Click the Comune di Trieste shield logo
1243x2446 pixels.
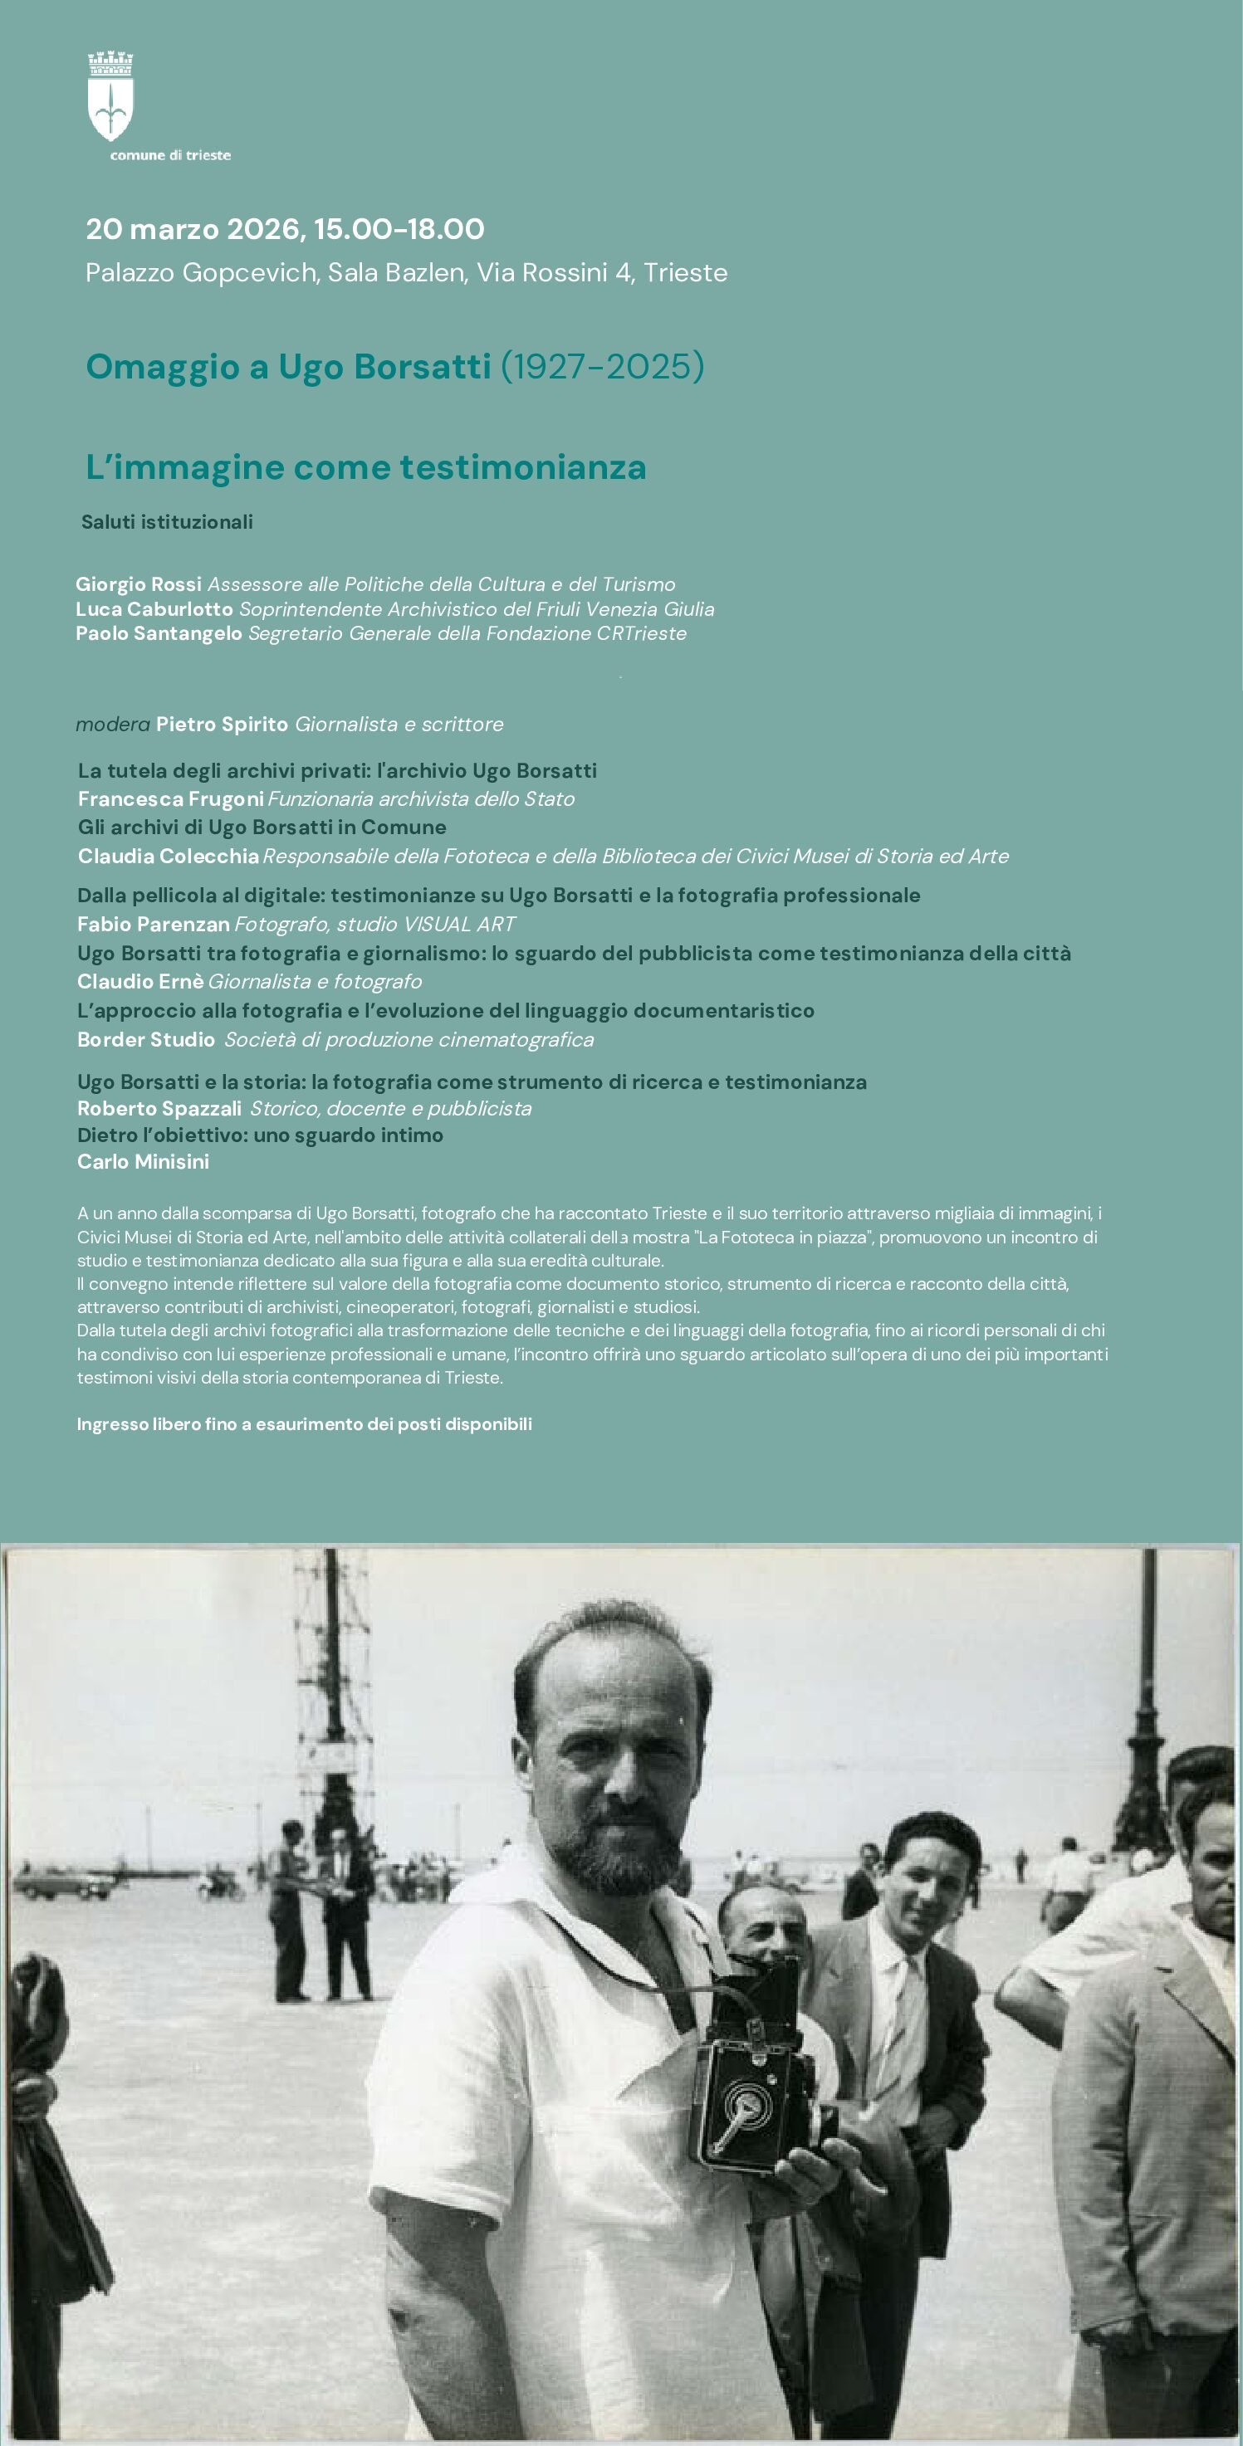[110, 98]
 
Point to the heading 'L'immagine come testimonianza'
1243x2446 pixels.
[365, 467]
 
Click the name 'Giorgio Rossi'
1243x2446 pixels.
[139, 584]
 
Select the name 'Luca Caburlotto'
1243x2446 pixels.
[154, 608]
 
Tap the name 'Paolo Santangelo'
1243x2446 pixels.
[159, 633]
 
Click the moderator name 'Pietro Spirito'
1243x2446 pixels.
[221, 724]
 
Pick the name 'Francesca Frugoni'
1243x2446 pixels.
[171, 798]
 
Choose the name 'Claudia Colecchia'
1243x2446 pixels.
[168, 856]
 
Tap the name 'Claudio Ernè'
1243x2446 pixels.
[140, 981]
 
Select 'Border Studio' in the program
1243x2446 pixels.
[146, 1039]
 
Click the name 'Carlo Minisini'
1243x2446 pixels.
[144, 1161]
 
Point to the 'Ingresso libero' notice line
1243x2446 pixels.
[304, 1424]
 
